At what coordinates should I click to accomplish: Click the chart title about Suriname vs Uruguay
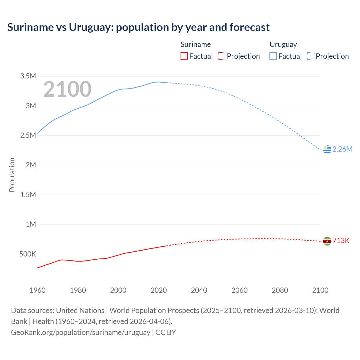click(138, 27)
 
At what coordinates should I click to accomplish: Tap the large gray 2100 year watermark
click(67, 89)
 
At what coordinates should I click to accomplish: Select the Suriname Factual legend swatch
click(184, 56)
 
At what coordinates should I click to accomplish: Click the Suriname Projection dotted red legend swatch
click(222, 56)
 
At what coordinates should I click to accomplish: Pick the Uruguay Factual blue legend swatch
click(273, 56)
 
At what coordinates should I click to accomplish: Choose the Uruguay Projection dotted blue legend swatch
click(310, 56)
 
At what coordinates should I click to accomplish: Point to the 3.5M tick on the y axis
click(28, 76)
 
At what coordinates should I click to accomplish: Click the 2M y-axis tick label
click(31, 165)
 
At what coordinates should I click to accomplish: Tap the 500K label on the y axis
click(28, 254)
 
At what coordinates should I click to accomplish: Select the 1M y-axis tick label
click(31, 224)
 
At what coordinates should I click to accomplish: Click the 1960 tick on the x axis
click(37, 291)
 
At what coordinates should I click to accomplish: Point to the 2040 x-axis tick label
click(199, 291)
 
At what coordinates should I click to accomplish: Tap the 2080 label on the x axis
click(280, 291)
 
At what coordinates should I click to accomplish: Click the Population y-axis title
click(12, 175)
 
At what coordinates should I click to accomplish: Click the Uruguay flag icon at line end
click(327, 150)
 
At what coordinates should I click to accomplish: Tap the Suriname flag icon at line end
click(327, 241)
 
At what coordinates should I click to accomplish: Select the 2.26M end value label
click(342, 149)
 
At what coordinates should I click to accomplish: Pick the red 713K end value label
click(341, 241)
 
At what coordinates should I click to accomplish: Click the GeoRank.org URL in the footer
click(80, 332)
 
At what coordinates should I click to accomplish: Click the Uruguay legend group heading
click(283, 45)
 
